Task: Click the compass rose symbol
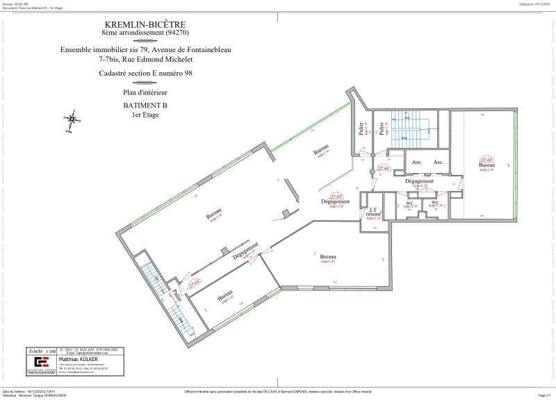point(72,119)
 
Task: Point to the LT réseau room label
point(373,212)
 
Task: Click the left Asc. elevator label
point(417,162)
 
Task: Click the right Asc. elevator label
point(439,162)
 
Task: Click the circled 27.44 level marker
point(382,169)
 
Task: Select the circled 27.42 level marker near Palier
point(194,283)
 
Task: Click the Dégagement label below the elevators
point(419,181)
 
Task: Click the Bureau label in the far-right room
point(486,165)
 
